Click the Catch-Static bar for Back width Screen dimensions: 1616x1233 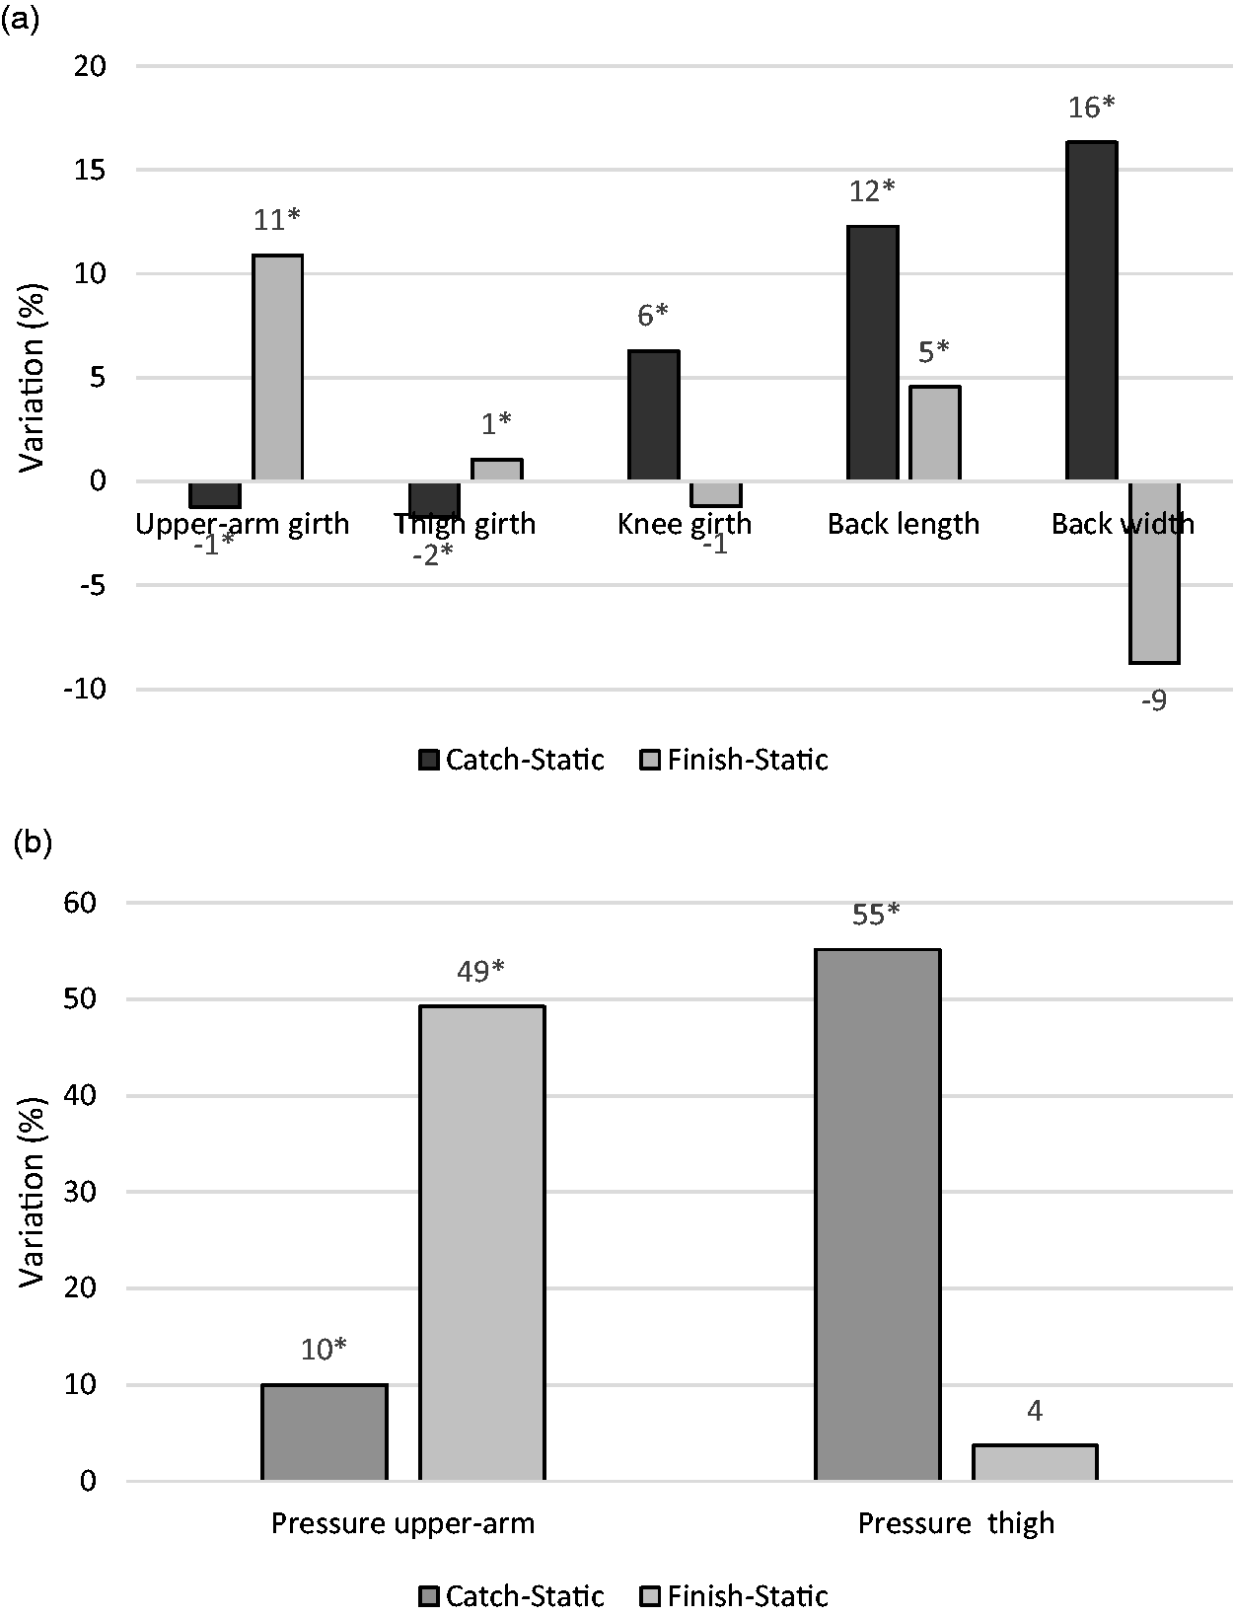click(x=1092, y=311)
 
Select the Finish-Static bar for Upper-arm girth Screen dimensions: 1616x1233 click(x=278, y=367)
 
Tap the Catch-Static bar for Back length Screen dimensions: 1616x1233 click(x=873, y=352)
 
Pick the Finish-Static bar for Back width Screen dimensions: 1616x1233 click(x=1154, y=572)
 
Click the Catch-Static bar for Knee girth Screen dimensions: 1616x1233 click(x=654, y=415)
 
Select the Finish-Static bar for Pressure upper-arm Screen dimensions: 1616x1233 click(x=482, y=1243)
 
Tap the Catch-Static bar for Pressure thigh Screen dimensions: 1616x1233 click(x=877, y=1214)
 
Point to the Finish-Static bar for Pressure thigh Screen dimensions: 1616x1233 click(x=1035, y=1462)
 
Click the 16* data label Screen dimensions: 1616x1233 click(x=1091, y=108)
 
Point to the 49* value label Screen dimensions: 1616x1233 click(x=480, y=972)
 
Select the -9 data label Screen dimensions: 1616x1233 click(x=1153, y=701)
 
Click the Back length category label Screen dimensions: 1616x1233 click(x=904, y=524)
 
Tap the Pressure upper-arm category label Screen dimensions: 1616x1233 click(x=402, y=1523)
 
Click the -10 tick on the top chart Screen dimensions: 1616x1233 click(x=85, y=689)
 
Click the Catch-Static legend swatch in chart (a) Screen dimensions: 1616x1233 click(x=429, y=761)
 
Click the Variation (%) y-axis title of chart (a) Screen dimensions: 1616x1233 click(x=32, y=377)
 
